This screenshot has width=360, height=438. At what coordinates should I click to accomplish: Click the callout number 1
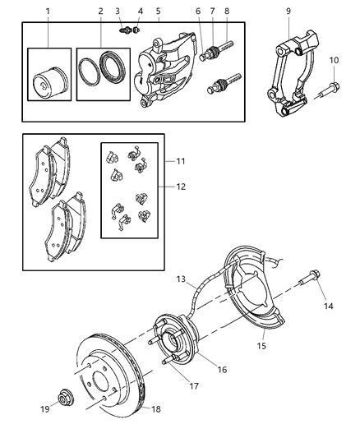point(47,11)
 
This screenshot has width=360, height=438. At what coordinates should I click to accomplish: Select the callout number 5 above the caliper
point(158,11)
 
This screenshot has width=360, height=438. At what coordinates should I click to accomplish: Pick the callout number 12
point(180,187)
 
